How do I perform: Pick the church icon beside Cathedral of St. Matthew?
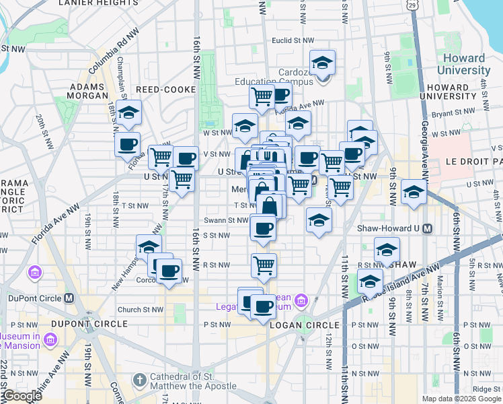point(140,380)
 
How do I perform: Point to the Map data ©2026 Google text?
point(461,399)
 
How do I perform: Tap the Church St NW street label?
point(140,310)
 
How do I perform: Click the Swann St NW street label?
point(227,220)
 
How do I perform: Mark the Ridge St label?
point(481,389)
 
